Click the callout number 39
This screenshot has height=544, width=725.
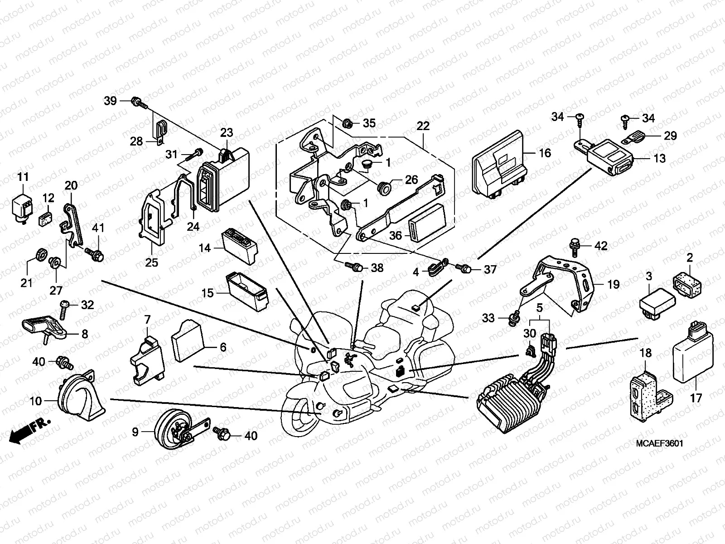110,101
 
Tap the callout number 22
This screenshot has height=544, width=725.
423,126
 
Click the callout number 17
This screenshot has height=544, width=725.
696,398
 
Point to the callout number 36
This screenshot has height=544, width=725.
396,236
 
